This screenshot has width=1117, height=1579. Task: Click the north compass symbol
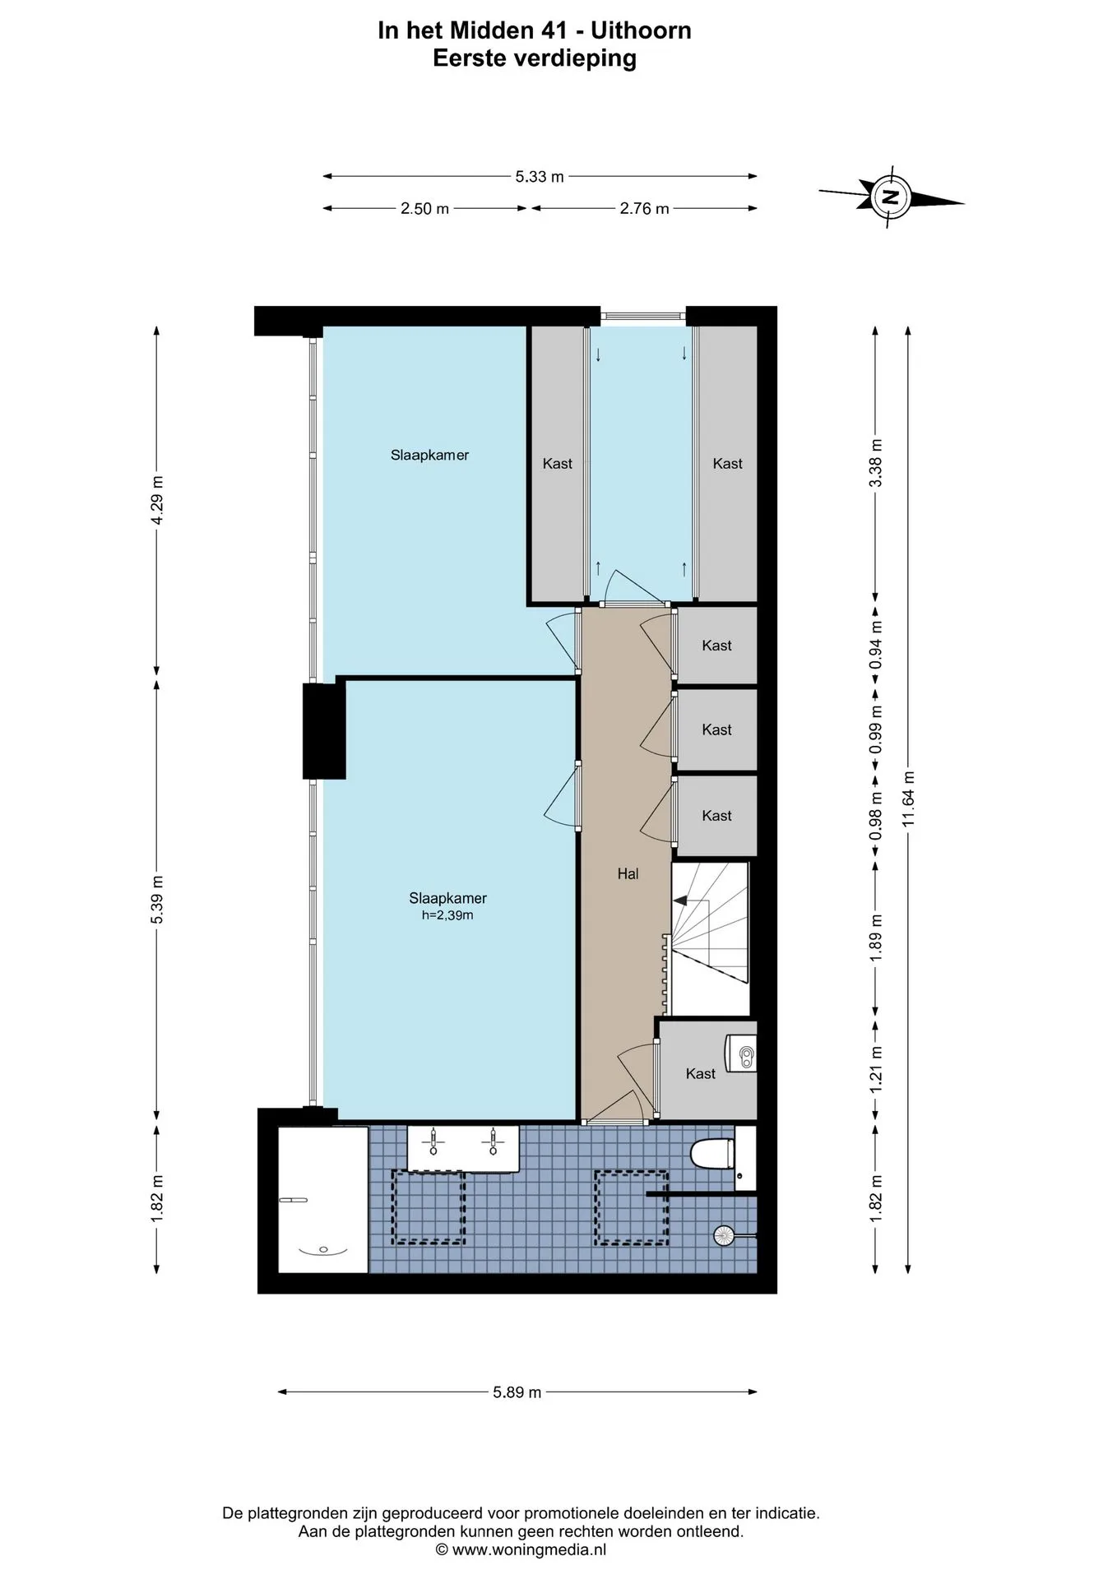890,197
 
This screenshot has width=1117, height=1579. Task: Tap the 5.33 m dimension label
540,176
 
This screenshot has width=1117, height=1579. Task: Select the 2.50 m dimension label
424,209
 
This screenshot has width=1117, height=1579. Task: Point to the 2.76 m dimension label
644,209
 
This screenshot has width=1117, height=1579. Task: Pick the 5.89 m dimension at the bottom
517,1392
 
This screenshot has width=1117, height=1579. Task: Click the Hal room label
628,874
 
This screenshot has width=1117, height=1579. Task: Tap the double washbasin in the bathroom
463,1148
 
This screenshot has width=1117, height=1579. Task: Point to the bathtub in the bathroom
323,1199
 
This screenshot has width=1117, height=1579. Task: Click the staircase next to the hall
710,938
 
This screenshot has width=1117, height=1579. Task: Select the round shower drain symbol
724,1234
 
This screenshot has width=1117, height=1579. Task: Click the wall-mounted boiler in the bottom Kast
739,1053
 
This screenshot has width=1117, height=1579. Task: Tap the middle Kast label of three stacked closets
716,730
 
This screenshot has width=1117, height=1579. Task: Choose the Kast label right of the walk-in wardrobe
727,464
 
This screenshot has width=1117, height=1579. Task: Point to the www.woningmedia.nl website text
529,1550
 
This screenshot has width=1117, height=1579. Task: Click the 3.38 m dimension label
876,463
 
